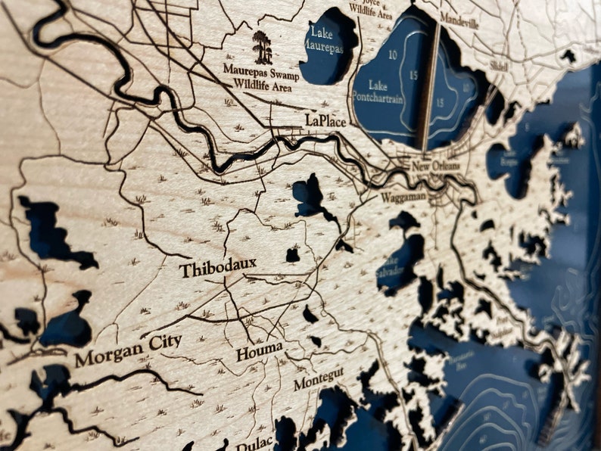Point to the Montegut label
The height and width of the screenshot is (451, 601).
pyautogui.click(x=319, y=378)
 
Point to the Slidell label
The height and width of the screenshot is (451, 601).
pyautogui.click(x=499, y=66)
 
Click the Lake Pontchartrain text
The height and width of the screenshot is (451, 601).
pyautogui.click(x=380, y=91)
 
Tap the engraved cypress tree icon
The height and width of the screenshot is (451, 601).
pyautogui.click(x=263, y=47)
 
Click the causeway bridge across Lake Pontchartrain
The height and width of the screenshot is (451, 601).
pyautogui.click(x=431, y=83)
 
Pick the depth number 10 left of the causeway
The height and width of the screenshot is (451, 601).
pyautogui.click(x=393, y=55)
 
